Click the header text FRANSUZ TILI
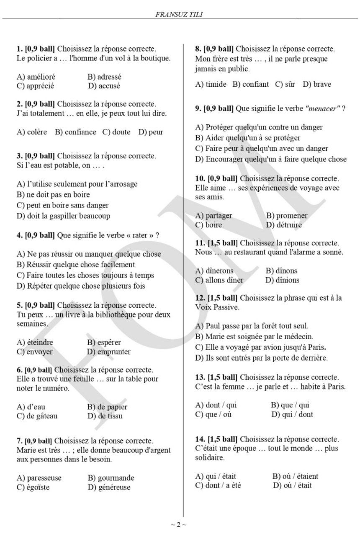point(180,14)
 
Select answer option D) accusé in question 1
point(104,86)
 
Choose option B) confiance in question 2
point(75,132)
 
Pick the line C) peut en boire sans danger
point(62,206)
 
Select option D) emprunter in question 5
point(108,352)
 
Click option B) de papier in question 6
point(107,407)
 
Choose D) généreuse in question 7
point(109,487)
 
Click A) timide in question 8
point(211,85)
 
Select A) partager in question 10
point(213,216)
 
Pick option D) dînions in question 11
point(283,280)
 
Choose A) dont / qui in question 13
point(216,405)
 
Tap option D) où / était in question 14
point(292,486)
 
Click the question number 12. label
point(200,298)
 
